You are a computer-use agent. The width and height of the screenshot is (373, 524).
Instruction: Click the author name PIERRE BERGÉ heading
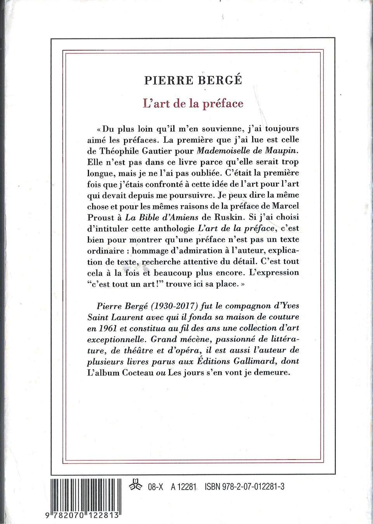[x=193, y=81]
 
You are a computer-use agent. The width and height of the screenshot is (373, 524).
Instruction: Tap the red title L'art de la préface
[x=193, y=104]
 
